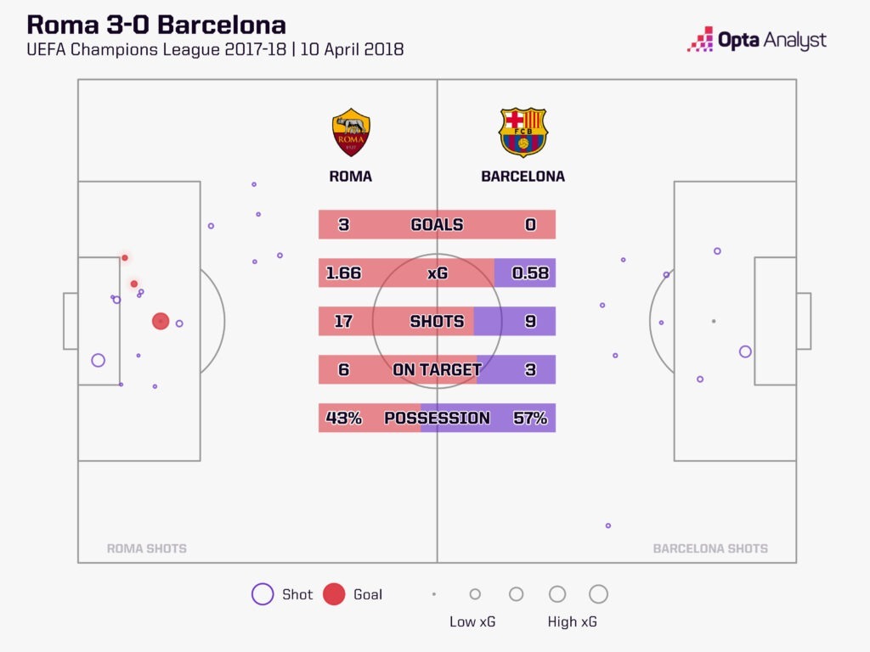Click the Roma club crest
tap(351, 132)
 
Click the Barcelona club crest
tap(523, 132)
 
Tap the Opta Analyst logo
tap(757, 40)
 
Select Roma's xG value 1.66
tap(343, 273)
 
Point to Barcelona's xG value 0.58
tap(530, 273)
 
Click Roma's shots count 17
tap(343, 321)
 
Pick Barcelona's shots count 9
tap(530, 321)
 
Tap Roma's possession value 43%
tap(343, 418)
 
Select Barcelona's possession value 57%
tap(530, 418)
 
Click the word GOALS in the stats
tap(438, 224)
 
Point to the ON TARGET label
tap(438, 369)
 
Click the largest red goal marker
tap(161, 321)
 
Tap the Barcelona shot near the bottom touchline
tap(608, 526)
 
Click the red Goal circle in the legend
tap(334, 594)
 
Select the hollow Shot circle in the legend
tap(263, 594)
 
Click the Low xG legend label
tap(472, 622)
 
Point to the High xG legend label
tap(572, 622)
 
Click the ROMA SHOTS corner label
tap(146, 548)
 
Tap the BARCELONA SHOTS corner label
tap(710, 548)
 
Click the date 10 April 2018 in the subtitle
tap(352, 49)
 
